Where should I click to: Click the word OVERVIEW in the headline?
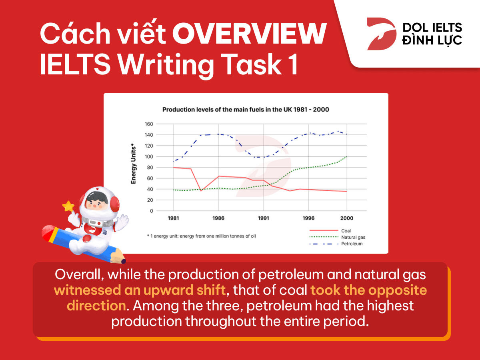249,34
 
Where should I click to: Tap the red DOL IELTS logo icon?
381,34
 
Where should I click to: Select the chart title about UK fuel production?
246,110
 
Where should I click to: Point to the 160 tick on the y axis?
149,124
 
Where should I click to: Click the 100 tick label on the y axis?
149,156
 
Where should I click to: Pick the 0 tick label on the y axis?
151,211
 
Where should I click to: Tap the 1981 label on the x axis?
173,218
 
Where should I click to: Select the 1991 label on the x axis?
263,218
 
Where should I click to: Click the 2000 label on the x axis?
347,218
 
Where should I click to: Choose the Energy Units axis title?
133,164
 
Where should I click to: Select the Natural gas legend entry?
337,237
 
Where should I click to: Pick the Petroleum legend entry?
336,244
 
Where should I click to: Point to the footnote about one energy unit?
202,236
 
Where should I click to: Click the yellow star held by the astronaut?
68,206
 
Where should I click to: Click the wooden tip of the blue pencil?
119,257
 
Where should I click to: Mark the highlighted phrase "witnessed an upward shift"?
140,290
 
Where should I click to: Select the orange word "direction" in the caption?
96,306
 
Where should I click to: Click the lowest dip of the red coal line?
201,191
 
